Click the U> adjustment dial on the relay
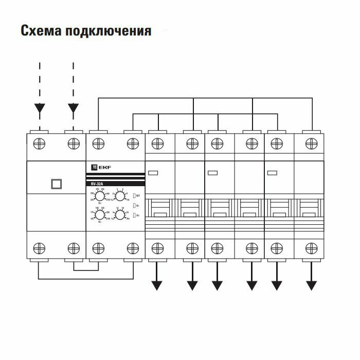[x=100, y=196]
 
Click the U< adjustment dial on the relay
[x=100, y=215]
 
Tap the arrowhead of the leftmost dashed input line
[x=40, y=108]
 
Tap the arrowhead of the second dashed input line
[x=74, y=108]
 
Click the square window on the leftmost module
[x=57, y=184]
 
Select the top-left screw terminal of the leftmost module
[x=40, y=143]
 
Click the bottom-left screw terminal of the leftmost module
[x=40, y=249]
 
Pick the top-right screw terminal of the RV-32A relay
[x=133, y=143]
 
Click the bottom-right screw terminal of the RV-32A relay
[x=133, y=249]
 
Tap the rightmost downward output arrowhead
[x=311, y=285]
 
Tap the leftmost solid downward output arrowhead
[x=157, y=285]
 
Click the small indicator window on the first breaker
[x=153, y=173]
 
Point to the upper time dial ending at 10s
[x=120, y=196]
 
